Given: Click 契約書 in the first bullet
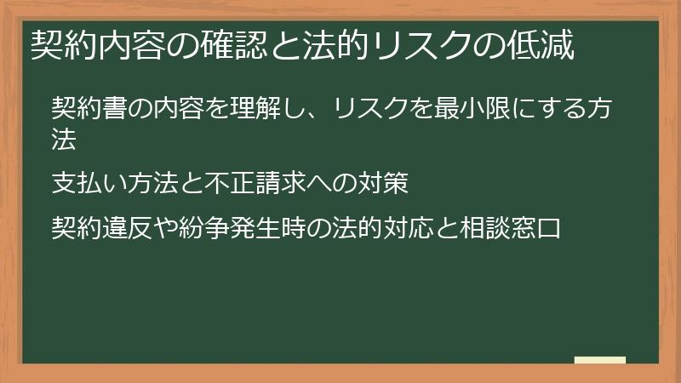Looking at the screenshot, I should pos(90,109).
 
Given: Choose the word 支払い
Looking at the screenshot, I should pos(90,183).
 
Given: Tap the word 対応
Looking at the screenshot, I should pos(410,227).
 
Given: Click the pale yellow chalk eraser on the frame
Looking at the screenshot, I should pos(600,360).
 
